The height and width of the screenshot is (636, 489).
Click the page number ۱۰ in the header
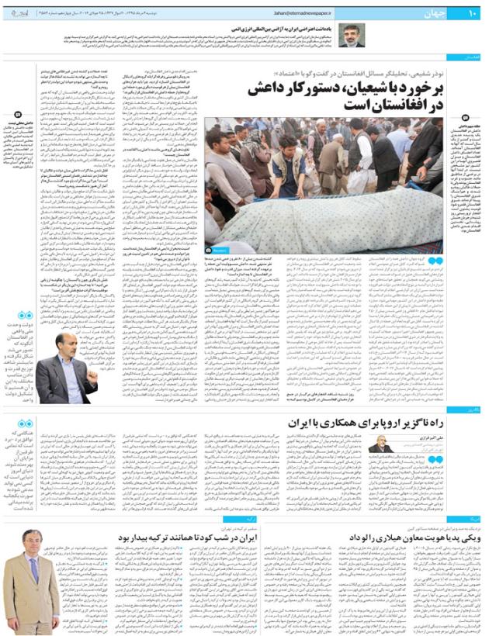[471, 12]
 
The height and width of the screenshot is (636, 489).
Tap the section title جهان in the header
[442, 12]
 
